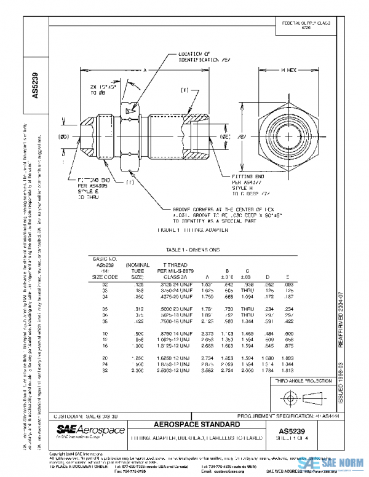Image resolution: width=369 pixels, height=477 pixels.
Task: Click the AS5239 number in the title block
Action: tap(298, 431)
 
